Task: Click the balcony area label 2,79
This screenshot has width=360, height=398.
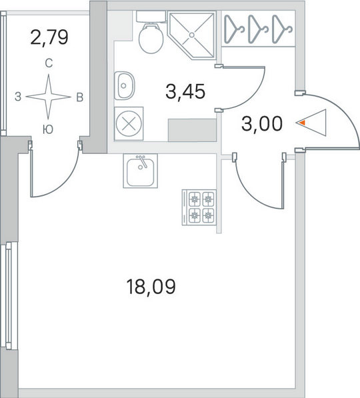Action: click(49, 37)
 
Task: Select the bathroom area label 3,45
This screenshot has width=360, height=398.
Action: click(185, 91)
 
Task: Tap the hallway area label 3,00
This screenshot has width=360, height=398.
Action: click(262, 124)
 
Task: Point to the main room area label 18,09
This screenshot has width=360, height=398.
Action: click(151, 287)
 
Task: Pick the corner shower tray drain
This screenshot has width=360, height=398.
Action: click(192, 35)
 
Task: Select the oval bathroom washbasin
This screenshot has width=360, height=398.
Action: click(124, 85)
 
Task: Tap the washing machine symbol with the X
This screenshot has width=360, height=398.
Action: click(129, 123)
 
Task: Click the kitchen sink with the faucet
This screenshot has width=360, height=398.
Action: click(141, 171)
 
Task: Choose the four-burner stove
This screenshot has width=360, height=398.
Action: click(199, 207)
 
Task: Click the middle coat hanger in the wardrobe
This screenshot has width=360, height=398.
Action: click(258, 29)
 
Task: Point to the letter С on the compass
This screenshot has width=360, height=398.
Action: click(49, 63)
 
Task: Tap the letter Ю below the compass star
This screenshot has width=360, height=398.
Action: click(48, 129)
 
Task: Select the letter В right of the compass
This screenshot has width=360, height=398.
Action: click(80, 97)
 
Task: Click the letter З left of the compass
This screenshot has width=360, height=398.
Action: click(17, 97)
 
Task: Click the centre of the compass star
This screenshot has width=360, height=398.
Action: click(48, 97)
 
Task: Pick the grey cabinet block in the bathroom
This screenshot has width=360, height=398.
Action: click(192, 130)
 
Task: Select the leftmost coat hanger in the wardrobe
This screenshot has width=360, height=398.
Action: click(234, 29)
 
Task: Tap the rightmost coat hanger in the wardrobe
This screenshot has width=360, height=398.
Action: click(282, 29)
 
